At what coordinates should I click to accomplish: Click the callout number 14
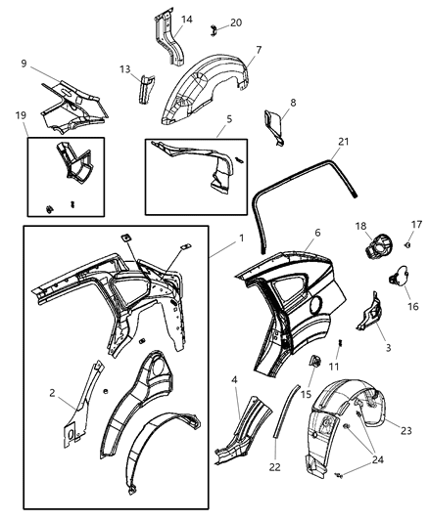tap(187, 19)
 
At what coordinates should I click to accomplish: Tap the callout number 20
tap(236, 22)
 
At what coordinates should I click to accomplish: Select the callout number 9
tap(23, 65)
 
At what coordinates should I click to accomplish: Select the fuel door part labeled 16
tap(399, 278)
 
